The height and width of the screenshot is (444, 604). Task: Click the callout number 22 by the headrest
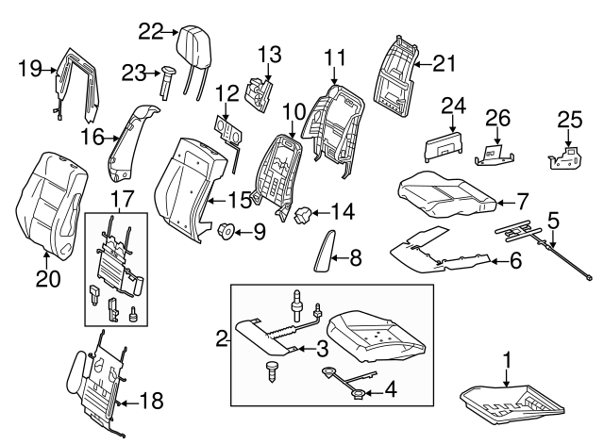tap(150, 31)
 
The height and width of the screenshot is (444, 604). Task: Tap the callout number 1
tap(507, 359)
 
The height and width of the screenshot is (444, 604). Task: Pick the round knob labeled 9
tap(226, 230)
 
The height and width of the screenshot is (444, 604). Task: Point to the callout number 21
tap(444, 63)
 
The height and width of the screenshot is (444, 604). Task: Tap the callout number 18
tap(151, 401)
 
